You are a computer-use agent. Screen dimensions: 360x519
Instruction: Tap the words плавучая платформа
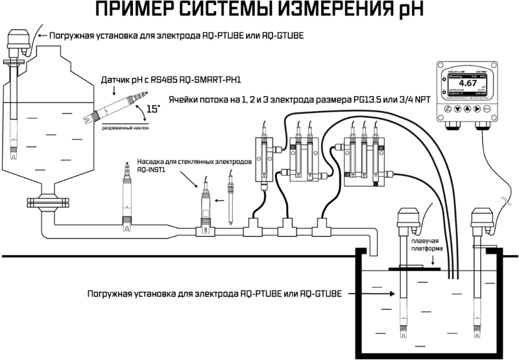426,245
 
